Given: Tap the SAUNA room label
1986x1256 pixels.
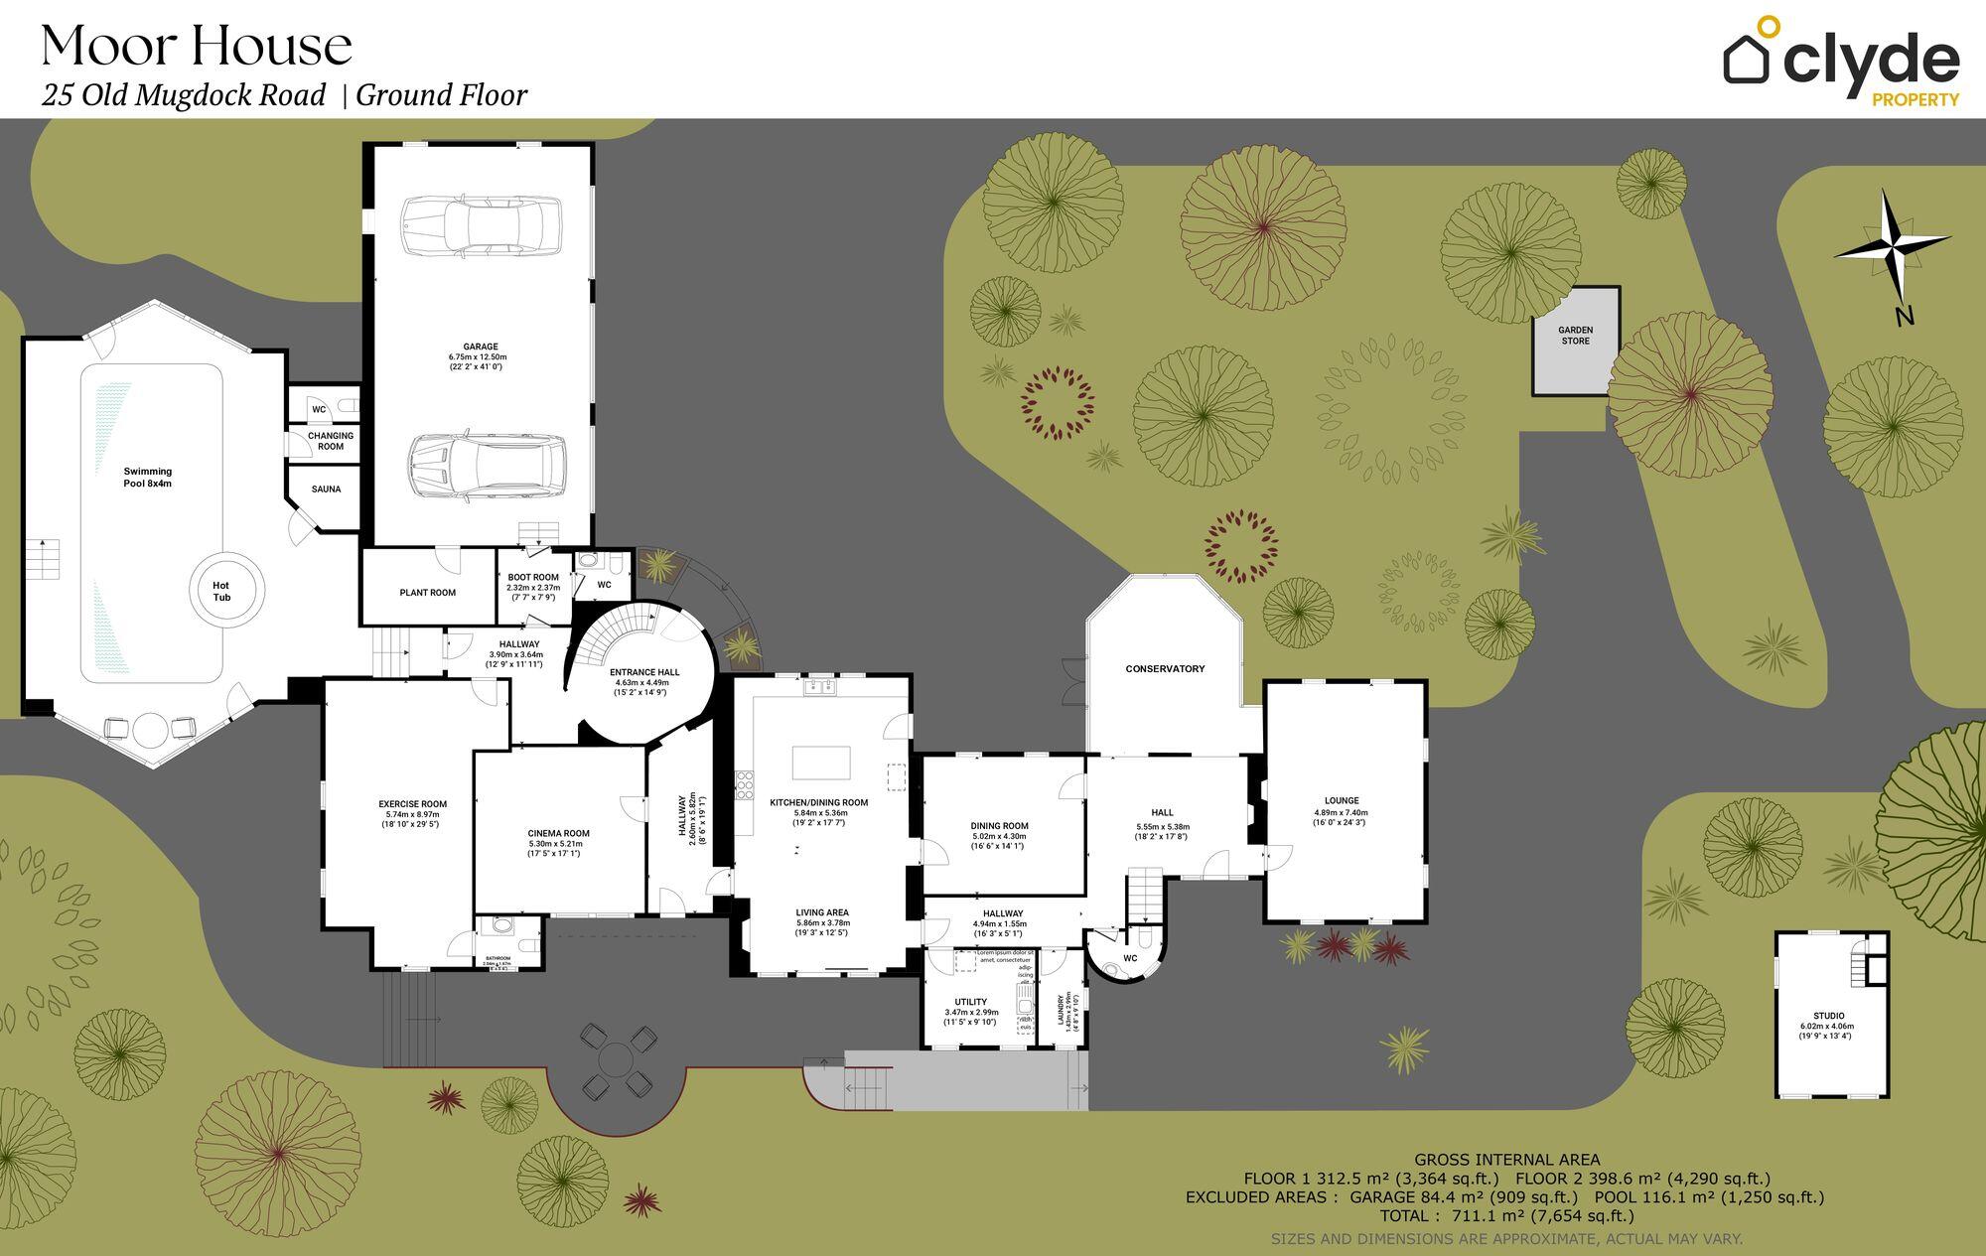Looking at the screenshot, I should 326,489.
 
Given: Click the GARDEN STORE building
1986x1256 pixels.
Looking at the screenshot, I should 1575,341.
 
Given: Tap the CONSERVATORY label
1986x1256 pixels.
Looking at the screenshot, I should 1165,669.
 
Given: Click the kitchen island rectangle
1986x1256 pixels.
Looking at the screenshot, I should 821,764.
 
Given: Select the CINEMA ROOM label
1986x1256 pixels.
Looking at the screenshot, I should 558,833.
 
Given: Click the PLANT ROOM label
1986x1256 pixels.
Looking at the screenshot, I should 428,593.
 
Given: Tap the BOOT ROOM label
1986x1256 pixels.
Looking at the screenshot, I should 533,577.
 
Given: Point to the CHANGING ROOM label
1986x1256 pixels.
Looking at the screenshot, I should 331,441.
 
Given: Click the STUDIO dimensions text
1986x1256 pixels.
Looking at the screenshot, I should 1828,1032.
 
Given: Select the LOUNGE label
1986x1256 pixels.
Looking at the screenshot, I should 1342,800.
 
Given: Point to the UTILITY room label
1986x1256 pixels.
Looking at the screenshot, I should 970,1002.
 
